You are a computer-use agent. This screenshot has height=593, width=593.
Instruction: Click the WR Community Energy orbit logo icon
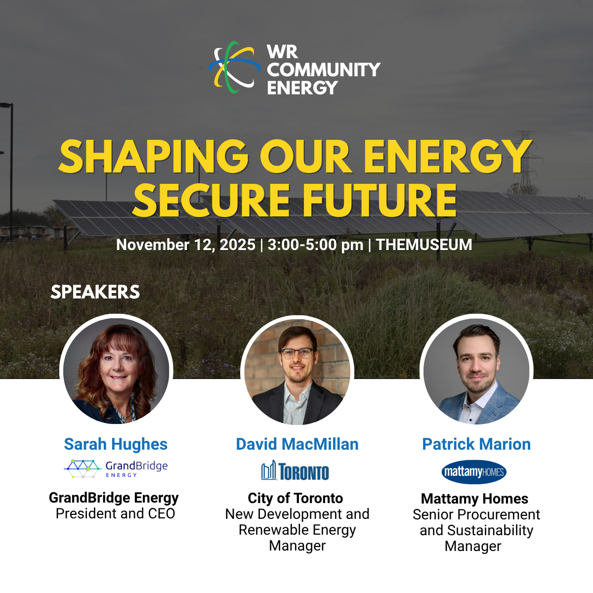pos(235,67)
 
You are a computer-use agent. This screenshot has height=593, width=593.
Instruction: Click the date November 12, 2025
pos(186,245)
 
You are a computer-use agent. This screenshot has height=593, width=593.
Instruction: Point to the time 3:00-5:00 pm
pos(315,245)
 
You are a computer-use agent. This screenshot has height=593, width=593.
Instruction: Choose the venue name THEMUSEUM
pos(424,245)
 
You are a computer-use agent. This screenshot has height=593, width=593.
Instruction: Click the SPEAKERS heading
pos(95,292)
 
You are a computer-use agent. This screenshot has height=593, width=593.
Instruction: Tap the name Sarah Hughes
pos(116,444)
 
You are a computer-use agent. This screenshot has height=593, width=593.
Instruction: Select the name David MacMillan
pos(297,444)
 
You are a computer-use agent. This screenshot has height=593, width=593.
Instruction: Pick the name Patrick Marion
pos(476,444)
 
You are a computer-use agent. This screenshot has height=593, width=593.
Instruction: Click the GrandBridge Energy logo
pos(116,468)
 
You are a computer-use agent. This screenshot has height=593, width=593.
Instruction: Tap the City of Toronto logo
pos(295,470)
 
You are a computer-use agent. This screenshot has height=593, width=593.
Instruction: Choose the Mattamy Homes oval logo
pos(474,472)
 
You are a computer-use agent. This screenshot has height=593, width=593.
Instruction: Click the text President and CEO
pos(116,513)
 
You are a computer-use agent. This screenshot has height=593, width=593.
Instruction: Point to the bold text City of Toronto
pos(296,498)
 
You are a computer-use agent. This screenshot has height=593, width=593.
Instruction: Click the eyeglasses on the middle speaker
pos(297,353)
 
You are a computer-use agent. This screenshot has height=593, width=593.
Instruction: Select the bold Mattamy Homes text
pos(474,499)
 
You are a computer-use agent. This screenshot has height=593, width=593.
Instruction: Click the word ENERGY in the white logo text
pos(303,87)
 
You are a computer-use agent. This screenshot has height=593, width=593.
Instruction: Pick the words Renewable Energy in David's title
pos(297,530)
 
